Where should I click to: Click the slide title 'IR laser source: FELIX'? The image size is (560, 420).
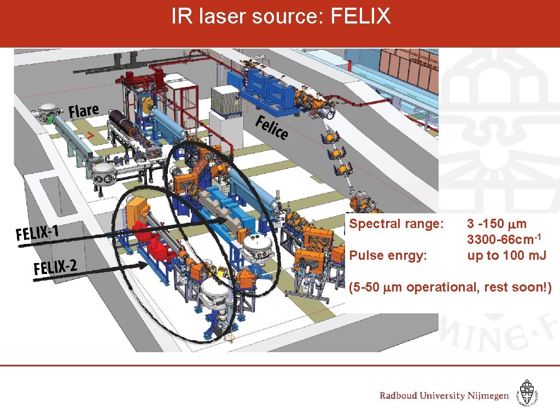[281, 17]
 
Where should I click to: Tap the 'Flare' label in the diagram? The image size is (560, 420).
[84, 111]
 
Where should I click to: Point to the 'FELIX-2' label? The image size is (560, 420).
[55, 268]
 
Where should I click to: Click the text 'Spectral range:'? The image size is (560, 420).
[389, 224]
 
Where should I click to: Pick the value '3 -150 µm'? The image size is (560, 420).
[497, 224]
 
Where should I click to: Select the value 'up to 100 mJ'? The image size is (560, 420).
[506, 255]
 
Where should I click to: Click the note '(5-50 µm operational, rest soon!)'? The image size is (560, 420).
[450, 287]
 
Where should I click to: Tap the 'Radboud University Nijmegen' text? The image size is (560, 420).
[444, 395]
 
